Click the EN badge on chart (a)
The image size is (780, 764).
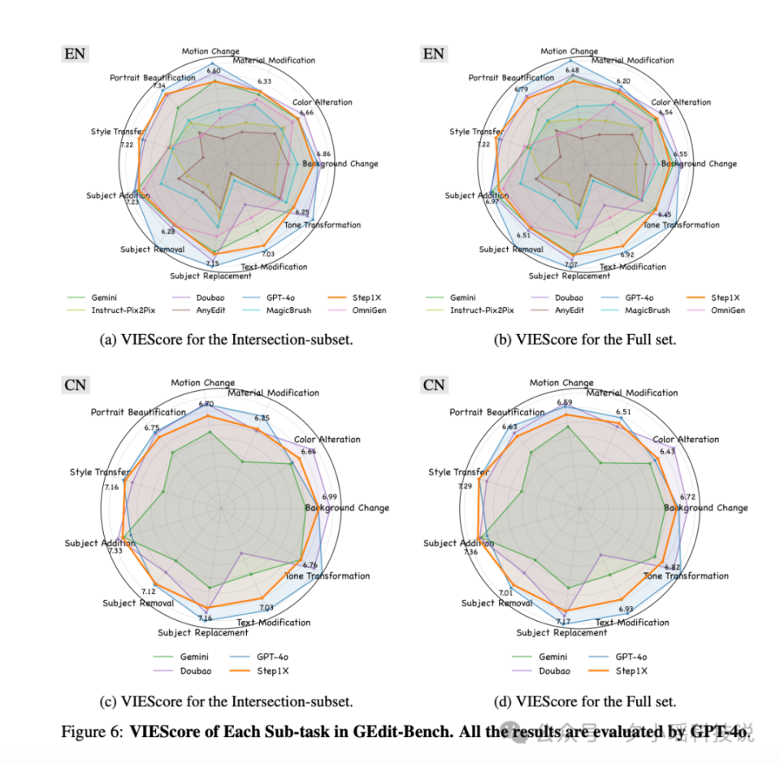click(75, 54)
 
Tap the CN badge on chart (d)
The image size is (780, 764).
click(434, 384)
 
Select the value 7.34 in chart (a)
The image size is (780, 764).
click(159, 86)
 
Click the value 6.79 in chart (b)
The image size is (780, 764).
click(519, 89)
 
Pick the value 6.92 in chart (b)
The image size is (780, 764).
click(626, 254)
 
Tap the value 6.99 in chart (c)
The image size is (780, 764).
click(330, 497)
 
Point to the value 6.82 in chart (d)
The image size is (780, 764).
click(672, 567)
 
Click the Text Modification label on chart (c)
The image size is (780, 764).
click(273, 623)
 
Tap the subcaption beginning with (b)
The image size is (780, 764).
click(585, 340)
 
